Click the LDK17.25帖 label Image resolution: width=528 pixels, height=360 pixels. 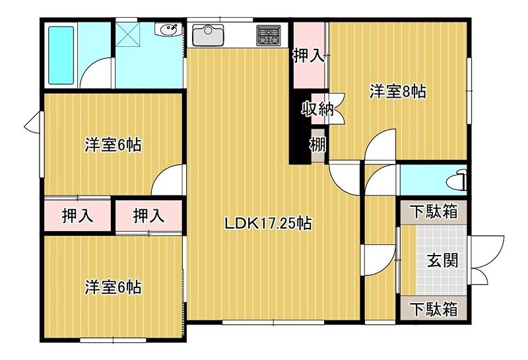(x=268, y=224)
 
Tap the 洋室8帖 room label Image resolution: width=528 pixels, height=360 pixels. (x=397, y=92)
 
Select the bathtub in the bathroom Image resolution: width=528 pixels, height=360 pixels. (x=61, y=55)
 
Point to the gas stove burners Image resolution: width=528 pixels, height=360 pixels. (x=269, y=35)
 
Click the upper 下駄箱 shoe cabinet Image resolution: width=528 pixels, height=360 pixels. (x=432, y=213)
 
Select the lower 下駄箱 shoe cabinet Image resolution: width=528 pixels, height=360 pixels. (x=432, y=308)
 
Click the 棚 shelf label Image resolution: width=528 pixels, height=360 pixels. (x=318, y=144)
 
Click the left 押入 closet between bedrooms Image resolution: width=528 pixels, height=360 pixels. (x=77, y=215)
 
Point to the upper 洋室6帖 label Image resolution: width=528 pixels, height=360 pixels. (x=114, y=145)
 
